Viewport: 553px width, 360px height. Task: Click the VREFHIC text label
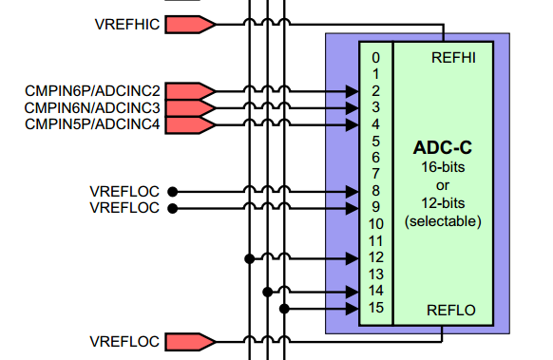click(x=128, y=24)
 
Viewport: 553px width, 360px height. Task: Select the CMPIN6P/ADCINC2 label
click(x=92, y=91)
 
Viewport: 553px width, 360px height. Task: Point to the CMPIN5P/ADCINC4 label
click(x=92, y=123)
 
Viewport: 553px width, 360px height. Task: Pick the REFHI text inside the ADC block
click(x=453, y=57)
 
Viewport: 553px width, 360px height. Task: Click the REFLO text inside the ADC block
click(x=453, y=309)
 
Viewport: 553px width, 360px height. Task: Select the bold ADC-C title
click(x=443, y=149)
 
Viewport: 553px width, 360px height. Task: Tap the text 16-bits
click(x=443, y=167)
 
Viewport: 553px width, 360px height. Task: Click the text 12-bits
click(x=443, y=202)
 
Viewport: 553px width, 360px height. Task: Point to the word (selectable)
click(x=443, y=220)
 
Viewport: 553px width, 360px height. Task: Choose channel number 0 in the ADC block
click(x=376, y=58)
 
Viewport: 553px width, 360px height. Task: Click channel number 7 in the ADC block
click(x=376, y=174)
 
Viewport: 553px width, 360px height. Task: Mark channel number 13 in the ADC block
click(x=376, y=274)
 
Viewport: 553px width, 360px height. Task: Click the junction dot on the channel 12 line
click(x=249, y=257)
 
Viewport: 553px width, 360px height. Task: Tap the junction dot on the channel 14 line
click(x=267, y=291)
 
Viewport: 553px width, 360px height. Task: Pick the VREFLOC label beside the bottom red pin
click(x=124, y=341)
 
